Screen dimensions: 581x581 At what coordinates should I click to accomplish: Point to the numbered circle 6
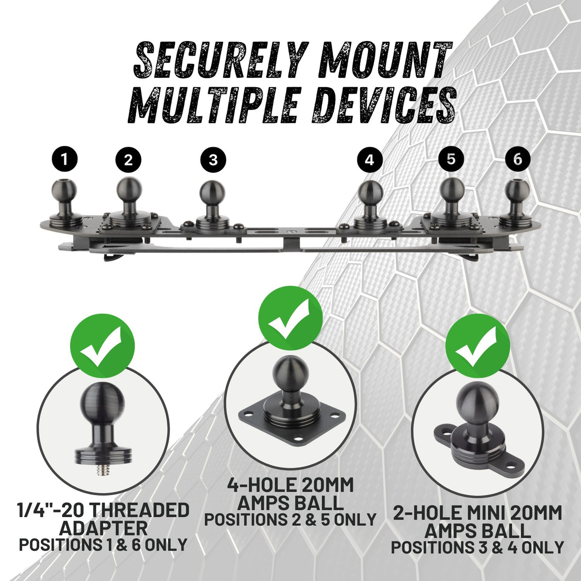click(518, 159)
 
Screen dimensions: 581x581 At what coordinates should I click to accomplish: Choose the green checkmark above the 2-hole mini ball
click(478, 344)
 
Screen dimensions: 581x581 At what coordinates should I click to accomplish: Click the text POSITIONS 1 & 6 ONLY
click(103, 545)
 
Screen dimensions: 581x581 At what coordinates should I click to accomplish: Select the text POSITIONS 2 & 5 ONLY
click(290, 520)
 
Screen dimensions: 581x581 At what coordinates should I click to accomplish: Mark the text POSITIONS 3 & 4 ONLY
click(477, 548)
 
